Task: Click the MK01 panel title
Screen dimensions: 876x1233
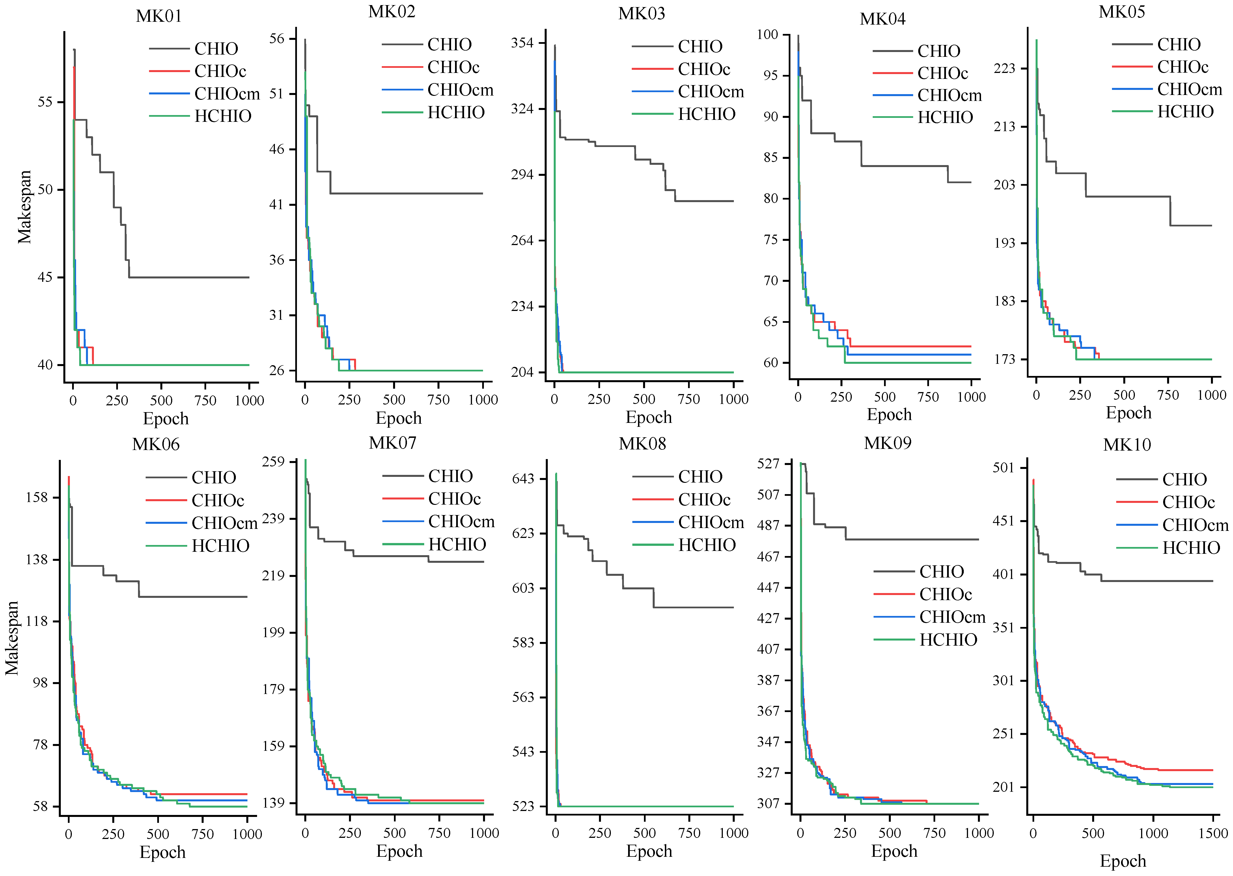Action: click(x=159, y=16)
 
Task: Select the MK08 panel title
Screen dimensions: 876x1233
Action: click(x=642, y=444)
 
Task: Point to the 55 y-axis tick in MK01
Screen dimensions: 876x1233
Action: click(x=45, y=102)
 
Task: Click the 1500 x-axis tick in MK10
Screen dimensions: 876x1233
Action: click(x=1212, y=833)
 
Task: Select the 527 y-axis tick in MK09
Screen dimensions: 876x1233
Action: click(x=768, y=463)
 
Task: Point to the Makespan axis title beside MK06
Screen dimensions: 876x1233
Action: click(x=12, y=638)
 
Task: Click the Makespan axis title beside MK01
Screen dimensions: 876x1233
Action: click(x=24, y=207)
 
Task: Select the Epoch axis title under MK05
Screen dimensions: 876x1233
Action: click(x=1128, y=413)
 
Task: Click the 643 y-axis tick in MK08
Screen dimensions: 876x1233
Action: click(x=523, y=479)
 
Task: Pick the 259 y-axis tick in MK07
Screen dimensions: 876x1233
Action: click(x=273, y=462)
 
